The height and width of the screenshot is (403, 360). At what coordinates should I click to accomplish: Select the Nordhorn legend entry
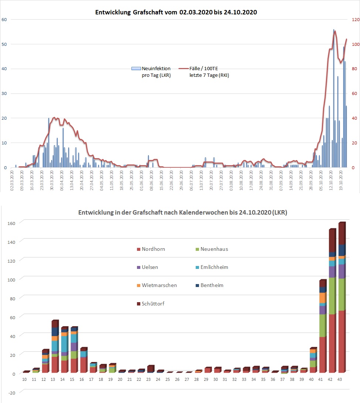[150, 249]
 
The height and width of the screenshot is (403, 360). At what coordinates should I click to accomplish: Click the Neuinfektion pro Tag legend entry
[151, 72]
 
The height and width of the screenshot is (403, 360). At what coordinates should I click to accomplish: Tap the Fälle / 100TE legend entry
[207, 72]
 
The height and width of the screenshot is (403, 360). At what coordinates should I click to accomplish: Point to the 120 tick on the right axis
[355, 20]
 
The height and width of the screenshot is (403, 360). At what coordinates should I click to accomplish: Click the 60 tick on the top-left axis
[4, 20]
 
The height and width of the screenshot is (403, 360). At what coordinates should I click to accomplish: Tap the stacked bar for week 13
[55, 347]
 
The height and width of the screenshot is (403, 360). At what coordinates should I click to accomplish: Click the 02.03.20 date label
[12, 181]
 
